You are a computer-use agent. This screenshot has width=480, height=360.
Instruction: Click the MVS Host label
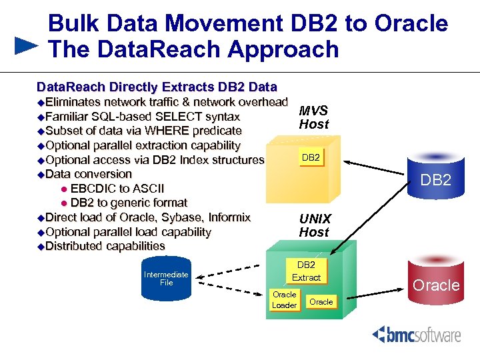[313, 117]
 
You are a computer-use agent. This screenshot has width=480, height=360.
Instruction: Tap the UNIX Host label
[314, 225]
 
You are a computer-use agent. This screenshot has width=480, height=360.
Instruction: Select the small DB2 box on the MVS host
[311, 158]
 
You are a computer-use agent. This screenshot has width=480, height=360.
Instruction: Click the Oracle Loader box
[285, 300]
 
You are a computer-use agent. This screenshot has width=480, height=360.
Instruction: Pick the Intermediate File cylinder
[166, 277]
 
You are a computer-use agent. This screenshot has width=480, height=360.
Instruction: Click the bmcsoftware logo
[417, 334]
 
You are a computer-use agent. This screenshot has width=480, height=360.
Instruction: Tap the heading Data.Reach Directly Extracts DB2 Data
[157, 87]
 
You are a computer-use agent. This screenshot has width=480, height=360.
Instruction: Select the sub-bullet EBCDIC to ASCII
[117, 189]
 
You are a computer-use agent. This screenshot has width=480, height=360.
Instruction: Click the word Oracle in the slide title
[411, 23]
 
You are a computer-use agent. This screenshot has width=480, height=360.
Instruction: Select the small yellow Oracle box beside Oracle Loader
[321, 302]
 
